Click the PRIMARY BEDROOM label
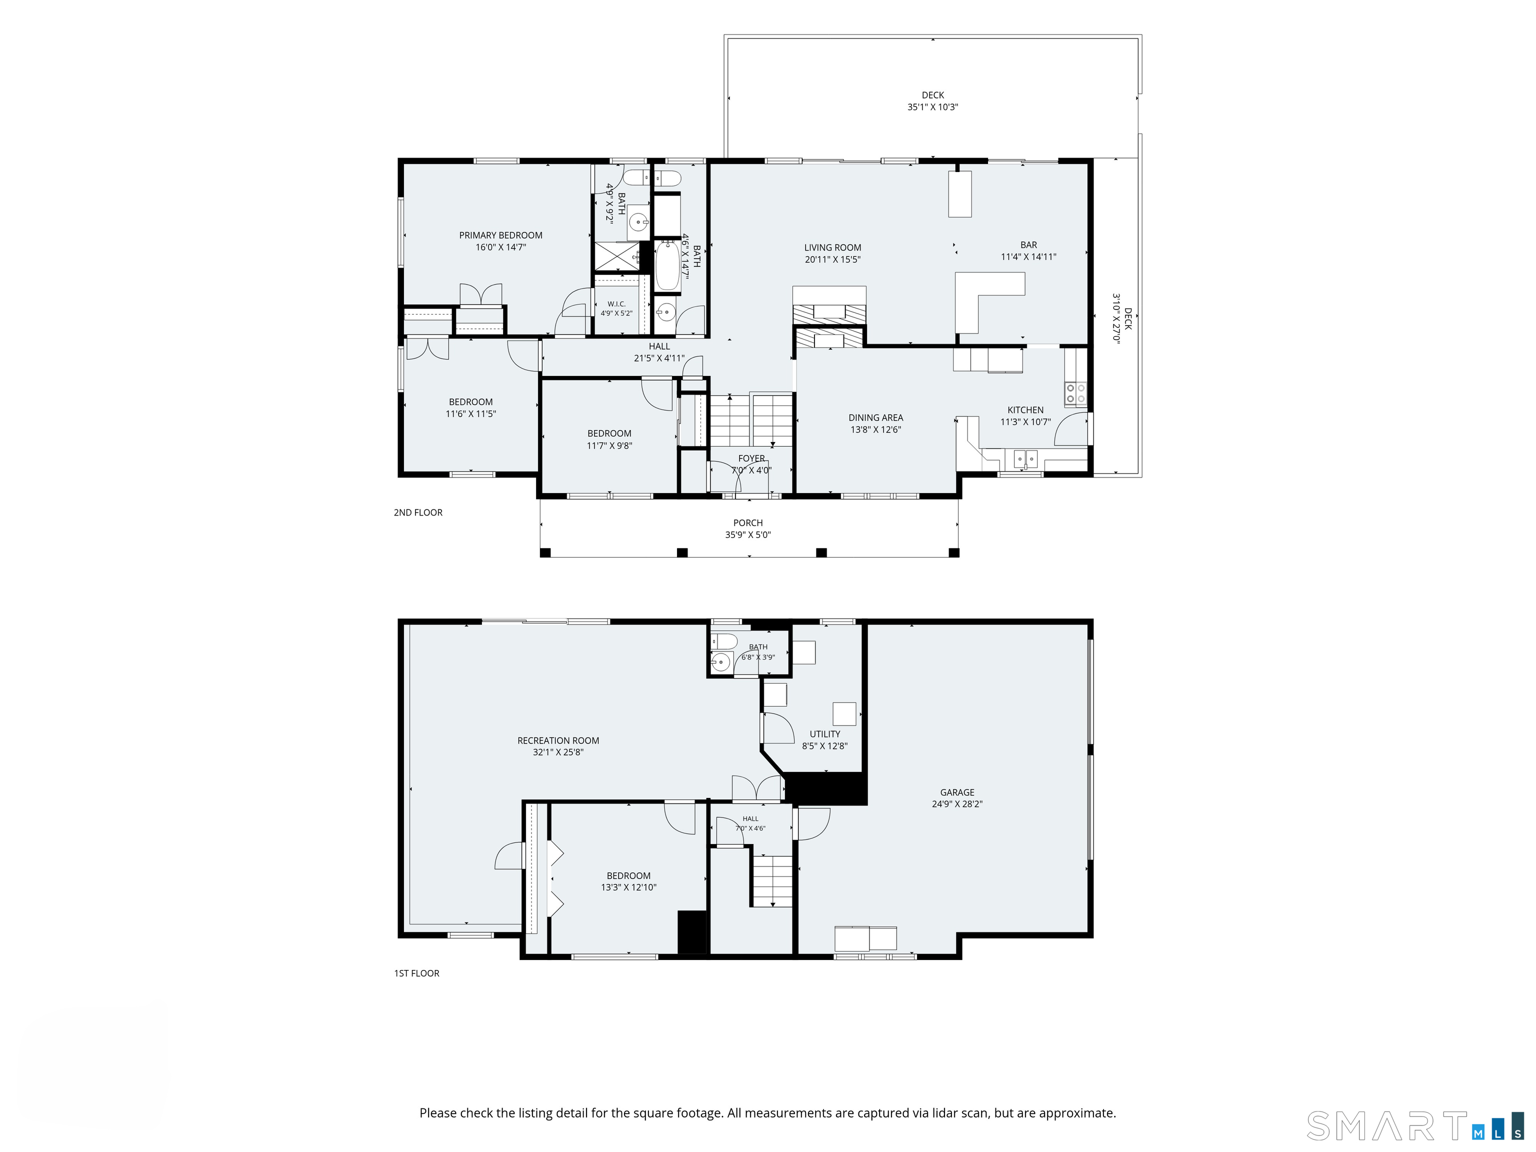tap(500, 235)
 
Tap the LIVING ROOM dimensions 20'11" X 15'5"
tap(832, 259)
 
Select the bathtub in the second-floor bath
tap(667, 265)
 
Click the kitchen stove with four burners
tap(1075, 393)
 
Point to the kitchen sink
tap(1025, 458)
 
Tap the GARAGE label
tap(957, 792)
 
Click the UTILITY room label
tap(825, 734)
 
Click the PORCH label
tap(748, 523)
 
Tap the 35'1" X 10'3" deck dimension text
tap(932, 107)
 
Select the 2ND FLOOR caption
tap(418, 512)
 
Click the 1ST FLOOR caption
tap(416, 973)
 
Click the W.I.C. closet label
tap(616, 304)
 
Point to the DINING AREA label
tap(875, 417)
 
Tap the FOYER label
tap(751, 458)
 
